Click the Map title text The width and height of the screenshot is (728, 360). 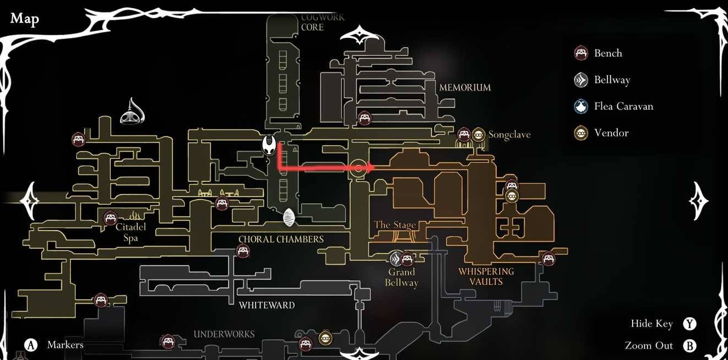coord(25,19)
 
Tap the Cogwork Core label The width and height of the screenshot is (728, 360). coord(323,22)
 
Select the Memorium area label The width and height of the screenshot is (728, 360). coord(465,88)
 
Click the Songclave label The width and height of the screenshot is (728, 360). coord(509,135)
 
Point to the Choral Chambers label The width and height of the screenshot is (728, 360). coord(281,239)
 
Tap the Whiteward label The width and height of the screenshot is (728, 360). coord(267,305)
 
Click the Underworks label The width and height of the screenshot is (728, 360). coord(224,334)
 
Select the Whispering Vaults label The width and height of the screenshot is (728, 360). coord(486,276)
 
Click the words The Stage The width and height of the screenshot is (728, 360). coord(395,225)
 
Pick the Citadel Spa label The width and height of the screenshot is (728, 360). coord(130,232)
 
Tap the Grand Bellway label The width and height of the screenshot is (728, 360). coord(402,277)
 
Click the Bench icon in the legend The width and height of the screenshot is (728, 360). coord(581,53)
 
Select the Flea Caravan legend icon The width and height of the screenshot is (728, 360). coord(581,106)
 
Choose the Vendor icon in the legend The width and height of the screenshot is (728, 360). coord(581,133)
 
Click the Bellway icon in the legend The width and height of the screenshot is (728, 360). coord(581,80)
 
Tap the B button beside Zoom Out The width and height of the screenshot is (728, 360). coord(690,346)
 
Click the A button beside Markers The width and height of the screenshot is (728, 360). coord(31,345)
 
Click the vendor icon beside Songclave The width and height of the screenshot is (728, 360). coord(479,135)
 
